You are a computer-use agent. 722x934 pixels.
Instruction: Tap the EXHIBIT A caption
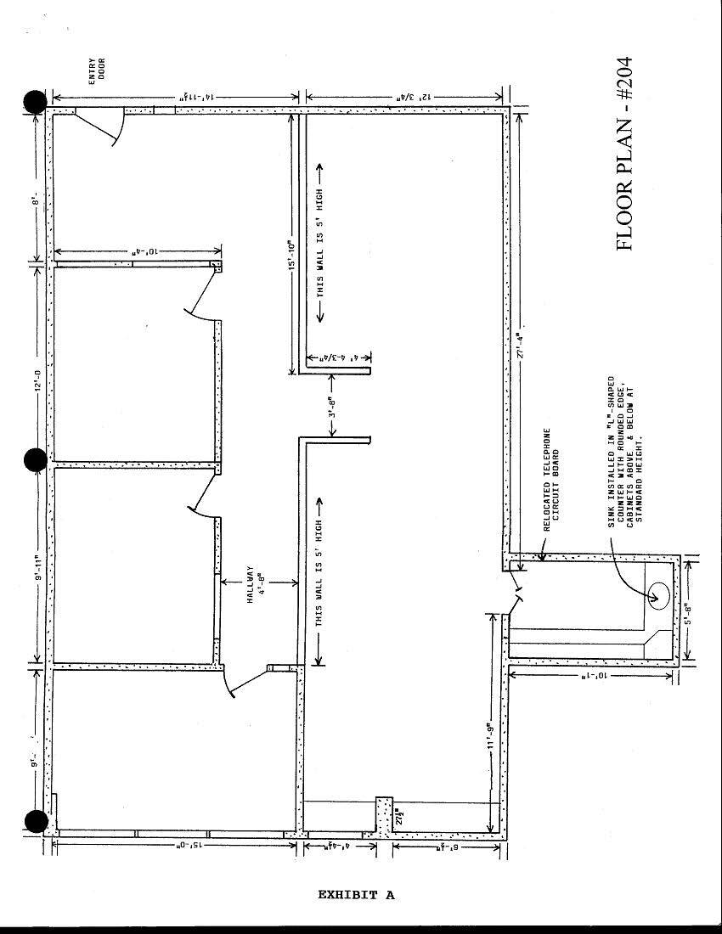coord(356,894)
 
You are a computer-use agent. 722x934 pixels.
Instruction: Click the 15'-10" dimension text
coord(290,255)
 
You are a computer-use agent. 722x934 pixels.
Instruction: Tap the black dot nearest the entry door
coord(35,102)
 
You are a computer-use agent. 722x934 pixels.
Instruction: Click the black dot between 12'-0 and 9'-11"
coord(35,460)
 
